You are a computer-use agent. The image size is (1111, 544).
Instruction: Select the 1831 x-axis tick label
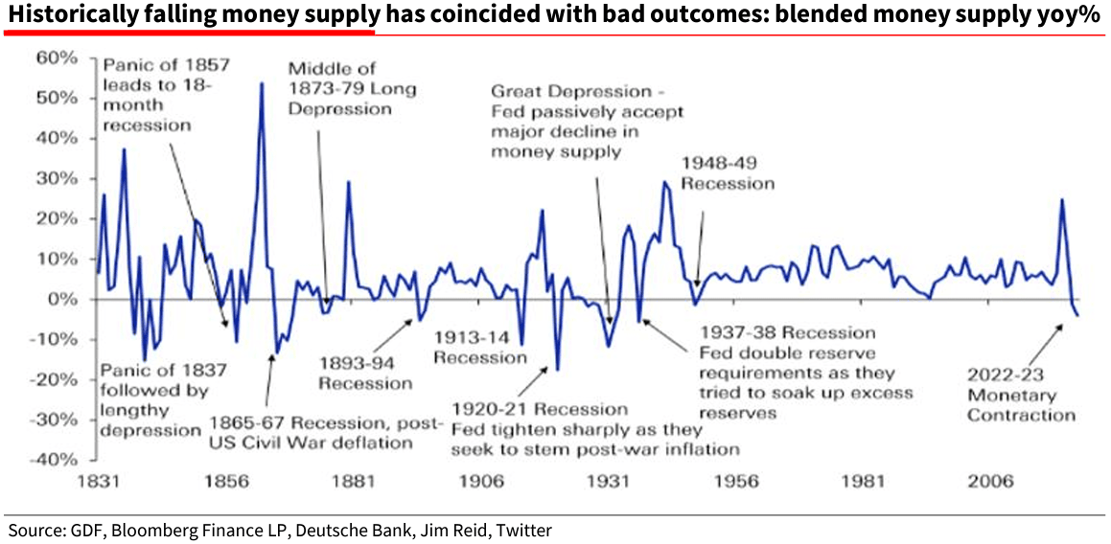pyautogui.click(x=101, y=481)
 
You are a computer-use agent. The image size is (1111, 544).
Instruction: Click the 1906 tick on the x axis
pyautogui.click(x=479, y=481)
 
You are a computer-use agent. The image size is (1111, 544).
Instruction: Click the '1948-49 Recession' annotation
pyautogui.click(x=727, y=172)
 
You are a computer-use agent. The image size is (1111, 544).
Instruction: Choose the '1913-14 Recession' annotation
pyautogui.click(x=480, y=347)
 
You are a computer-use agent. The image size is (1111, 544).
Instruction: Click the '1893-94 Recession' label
pyautogui.click(x=365, y=374)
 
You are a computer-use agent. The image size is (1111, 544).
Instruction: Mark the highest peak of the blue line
pyautogui.click(x=261, y=83)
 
